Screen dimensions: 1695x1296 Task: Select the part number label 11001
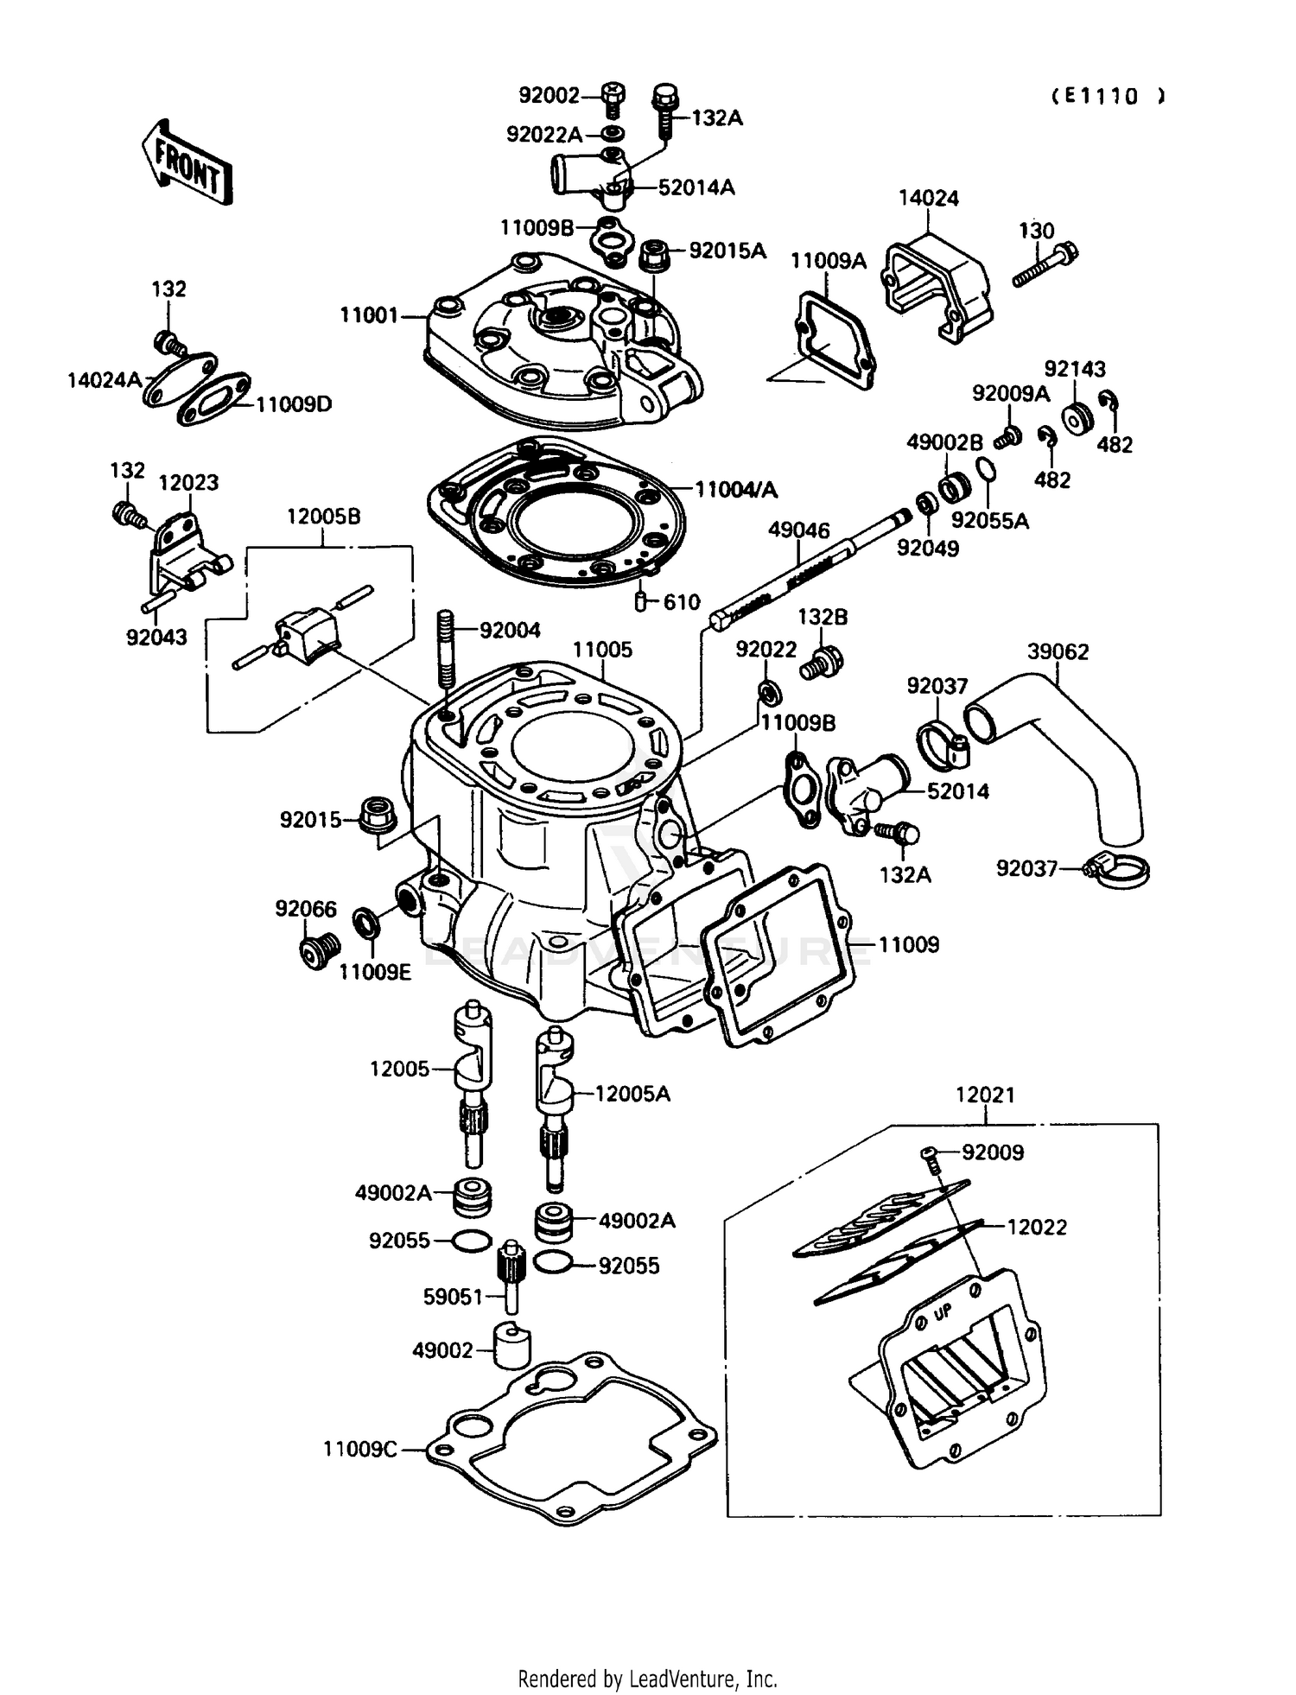pos(369,316)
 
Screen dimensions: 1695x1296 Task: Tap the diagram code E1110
pos(1109,97)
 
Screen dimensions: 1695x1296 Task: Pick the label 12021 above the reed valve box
pos(985,1095)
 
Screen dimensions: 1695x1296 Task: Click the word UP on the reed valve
pos(943,1312)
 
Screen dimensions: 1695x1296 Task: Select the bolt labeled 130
pos(1045,265)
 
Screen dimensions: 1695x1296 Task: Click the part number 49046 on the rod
pos(799,530)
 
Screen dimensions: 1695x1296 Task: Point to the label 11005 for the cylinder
pos(603,650)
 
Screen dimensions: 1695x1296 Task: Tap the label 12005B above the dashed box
pos(324,517)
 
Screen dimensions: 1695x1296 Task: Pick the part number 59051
pos(453,1297)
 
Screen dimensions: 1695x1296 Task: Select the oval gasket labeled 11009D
pos(214,398)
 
